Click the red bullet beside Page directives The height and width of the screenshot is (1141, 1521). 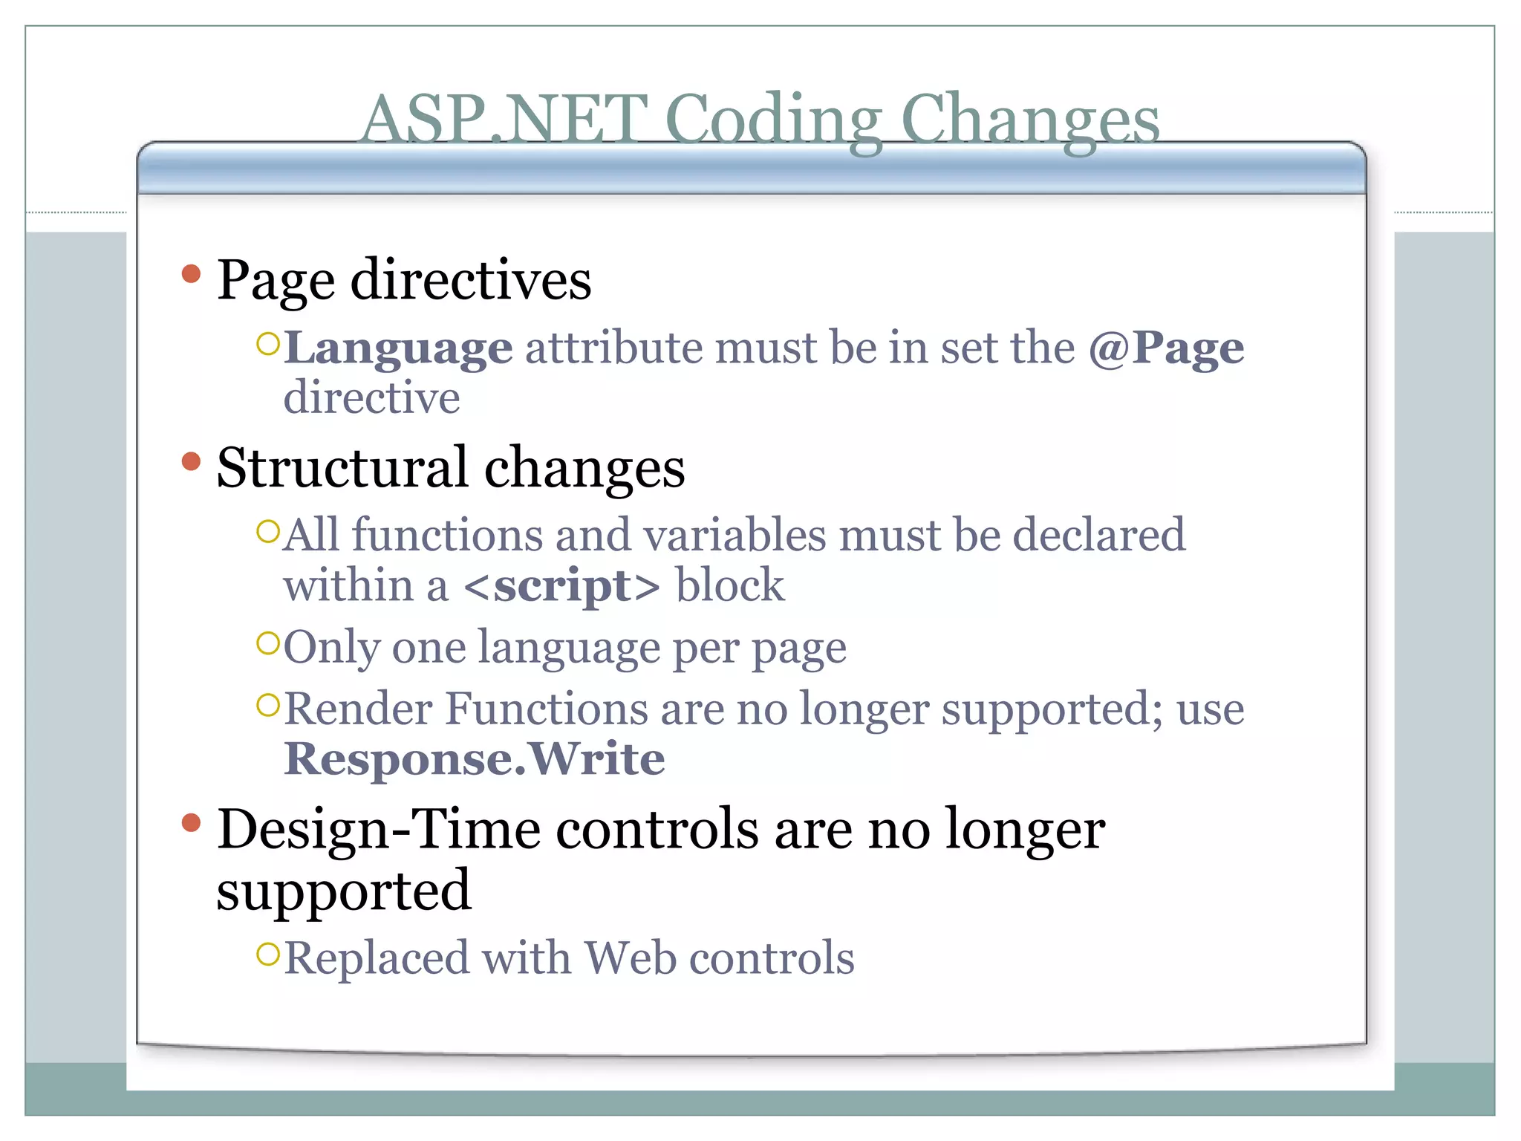[192, 274]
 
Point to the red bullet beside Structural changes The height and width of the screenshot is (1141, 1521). [192, 461]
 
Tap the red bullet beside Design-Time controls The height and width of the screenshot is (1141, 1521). [192, 822]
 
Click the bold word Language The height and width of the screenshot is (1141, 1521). [398, 348]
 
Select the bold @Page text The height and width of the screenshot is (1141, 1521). [1166, 348]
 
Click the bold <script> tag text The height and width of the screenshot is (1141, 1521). [561, 585]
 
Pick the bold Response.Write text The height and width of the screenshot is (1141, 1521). [474, 758]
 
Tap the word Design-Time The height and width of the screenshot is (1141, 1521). [379, 829]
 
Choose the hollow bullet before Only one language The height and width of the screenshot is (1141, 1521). [267, 643]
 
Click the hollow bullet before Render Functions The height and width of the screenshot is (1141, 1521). [267, 704]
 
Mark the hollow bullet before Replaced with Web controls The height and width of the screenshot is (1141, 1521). [267, 953]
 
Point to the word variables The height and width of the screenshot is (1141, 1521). [735, 535]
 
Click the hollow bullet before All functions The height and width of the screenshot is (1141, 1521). [267, 531]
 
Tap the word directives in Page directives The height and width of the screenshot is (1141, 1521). [471, 281]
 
